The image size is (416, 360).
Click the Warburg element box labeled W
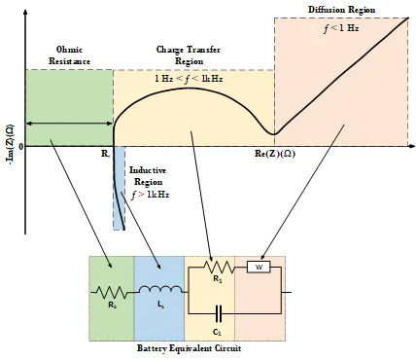(x=259, y=267)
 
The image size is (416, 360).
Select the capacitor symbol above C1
(x=219, y=313)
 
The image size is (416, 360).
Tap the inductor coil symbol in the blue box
(x=160, y=289)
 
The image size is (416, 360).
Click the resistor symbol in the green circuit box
(x=112, y=292)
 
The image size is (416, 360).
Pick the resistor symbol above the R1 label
(x=219, y=268)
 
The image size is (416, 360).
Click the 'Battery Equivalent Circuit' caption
(x=190, y=348)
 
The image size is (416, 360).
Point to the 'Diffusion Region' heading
(x=341, y=10)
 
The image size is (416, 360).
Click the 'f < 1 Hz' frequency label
(x=341, y=28)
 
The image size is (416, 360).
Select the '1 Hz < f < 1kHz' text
(x=189, y=79)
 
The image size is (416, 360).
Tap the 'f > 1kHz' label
(x=151, y=195)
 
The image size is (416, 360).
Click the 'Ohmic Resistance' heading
(x=69, y=55)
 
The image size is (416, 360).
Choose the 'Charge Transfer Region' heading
(x=189, y=55)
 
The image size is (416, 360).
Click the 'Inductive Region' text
(x=148, y=176)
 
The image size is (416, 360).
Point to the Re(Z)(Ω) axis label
(x=275, y=154)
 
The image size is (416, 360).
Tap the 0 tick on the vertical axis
(x=21, y=147)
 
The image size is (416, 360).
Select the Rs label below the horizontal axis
(x=105, y=154)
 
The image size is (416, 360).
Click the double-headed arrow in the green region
(x=69, y=124)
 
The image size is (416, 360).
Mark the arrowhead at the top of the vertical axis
(x=25, y=13)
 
